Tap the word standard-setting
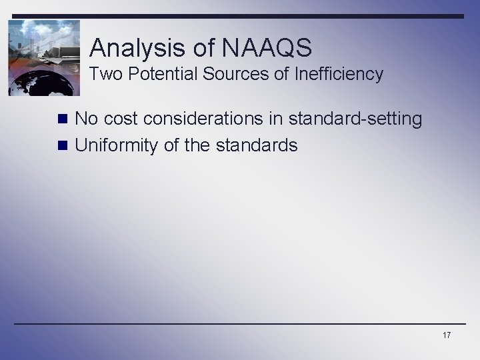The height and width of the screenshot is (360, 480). [x=361, y=119]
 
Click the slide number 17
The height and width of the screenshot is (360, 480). [x=446, y=335]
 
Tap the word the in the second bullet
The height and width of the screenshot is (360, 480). [x=197, y=145]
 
